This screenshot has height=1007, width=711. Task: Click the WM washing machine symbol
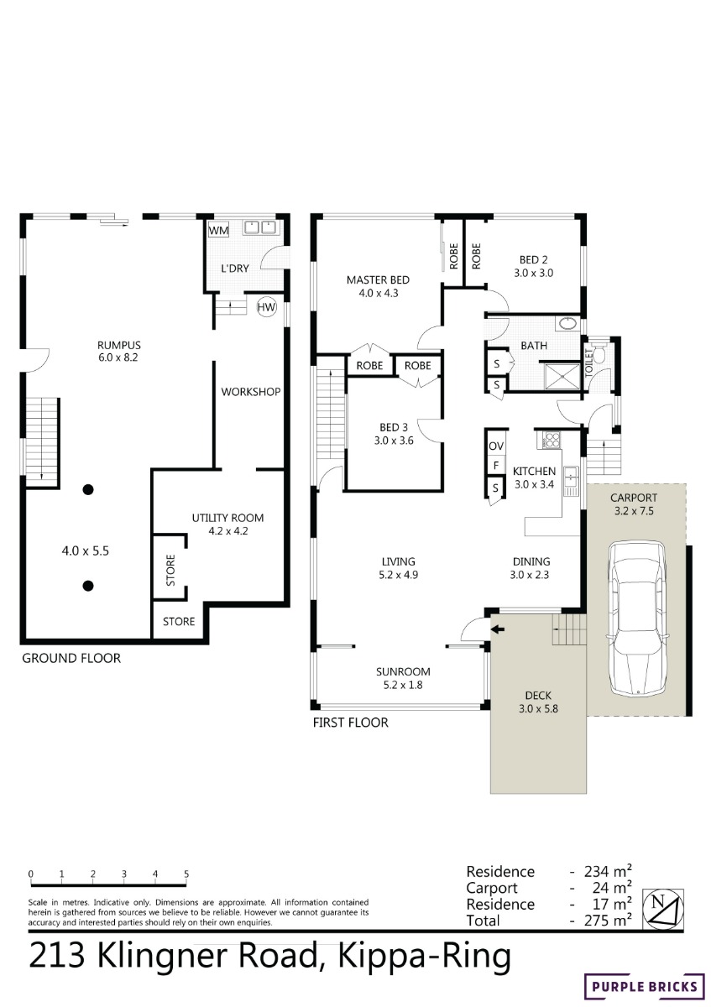(x=218, y=230)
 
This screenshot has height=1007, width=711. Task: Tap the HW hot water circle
(x=266, y=307)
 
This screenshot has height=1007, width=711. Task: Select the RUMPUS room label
(x=118, y=345)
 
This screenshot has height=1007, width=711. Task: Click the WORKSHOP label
(x=250, y=392)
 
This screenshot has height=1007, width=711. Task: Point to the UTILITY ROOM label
(x=227, y=518)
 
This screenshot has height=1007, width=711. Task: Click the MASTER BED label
(x=378, y=280)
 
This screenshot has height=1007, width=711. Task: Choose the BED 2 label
(x=533, y=260)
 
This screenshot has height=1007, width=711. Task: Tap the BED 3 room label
(x=394, y=427)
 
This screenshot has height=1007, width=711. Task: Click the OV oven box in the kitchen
(x=495, y=446)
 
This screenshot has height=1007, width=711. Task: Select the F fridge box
(x=495, y=466)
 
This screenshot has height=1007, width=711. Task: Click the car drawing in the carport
(x=636, y=619)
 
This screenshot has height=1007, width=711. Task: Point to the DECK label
(x=538, y=696)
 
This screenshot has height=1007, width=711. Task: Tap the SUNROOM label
(x=403, y=671)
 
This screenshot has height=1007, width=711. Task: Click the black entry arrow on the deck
(x=498, y=630)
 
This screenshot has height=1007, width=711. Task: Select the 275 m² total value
(x=608, y=921)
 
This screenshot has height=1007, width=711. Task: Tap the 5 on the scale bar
(x=186, y=874)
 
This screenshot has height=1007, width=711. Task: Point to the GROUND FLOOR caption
(x=71, y=658)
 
